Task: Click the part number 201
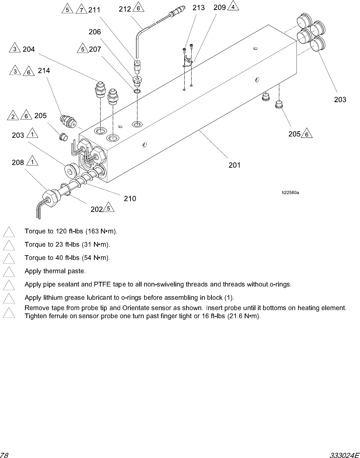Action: point(234,165)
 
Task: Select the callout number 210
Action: point(130,199)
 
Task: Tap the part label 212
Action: point(125,9)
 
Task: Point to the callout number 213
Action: point(199,8)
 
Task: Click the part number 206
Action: point(95,32)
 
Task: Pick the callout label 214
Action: point(44,70)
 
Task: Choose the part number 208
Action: point(18,162)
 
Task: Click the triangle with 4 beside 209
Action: point(233,7)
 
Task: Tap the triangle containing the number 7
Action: point(81,10)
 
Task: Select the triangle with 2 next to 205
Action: point(13,117)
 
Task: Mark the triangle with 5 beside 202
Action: point(108,208)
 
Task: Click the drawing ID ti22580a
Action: point(290,192)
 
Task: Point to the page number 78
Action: point(4,455)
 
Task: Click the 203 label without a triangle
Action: point(340,100)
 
